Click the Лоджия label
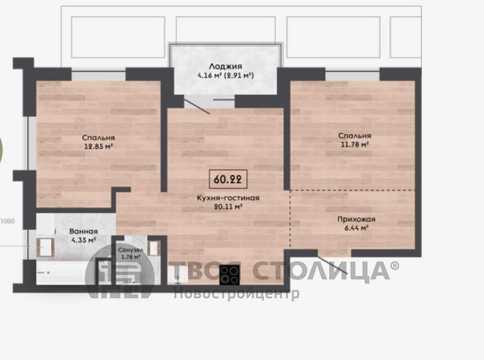pyautogui.click(x=226, y=67)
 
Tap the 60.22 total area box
pyautogui.click(x=228, y=179)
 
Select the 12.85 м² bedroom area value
pyautogui.click(x=99, y=146)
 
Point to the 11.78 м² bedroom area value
pyautogui.click(x=355, y=144)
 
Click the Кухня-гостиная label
pyautogui.click(x=228, y=198)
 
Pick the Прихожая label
pyautogui.click(x=356, y=219)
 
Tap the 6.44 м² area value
pyautogui.click(x=356, y=228)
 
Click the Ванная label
pyautogui.click(x=83, y=231)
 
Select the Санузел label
pyautogui.click(x=130, y=250)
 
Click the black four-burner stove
pyautogui.click(x=230, y=274)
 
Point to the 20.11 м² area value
pyautogui.click(x=228, y=207)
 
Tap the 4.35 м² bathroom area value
pyautogui.click(x=83, y=240)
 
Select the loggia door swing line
pyautogui.click(x=197, y=105)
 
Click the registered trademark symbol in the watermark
pyautogui.click(x=395, y=265)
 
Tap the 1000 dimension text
pyautogui.click(x=7, y=221)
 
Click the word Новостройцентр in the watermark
pyautogui.click(x=236, y=293)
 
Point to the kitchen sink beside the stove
pyautogui.click(x=178, y=274)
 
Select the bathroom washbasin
pyautogui.click(x=45, y=247)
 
